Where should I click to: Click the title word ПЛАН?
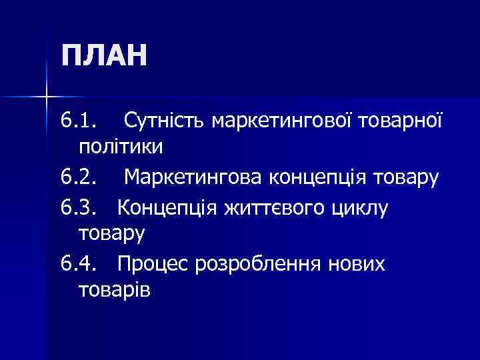coord(103,55)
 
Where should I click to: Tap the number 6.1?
coord(78,122)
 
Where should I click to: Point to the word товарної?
coord(402,122)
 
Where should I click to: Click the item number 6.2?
coord(78,178)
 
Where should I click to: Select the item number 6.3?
coord(78,209)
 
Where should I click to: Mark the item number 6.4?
coord(78,265)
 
